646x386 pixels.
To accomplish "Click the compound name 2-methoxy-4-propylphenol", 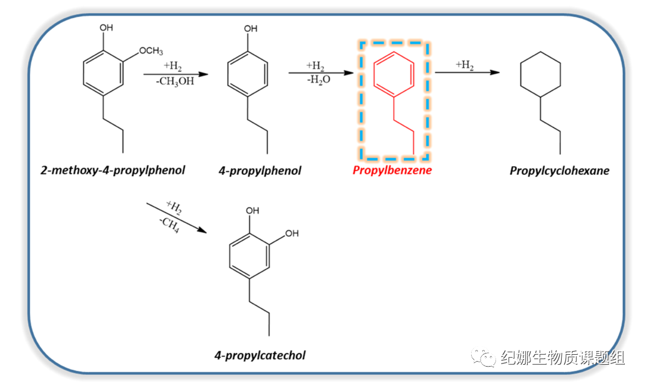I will (x=112, y=169).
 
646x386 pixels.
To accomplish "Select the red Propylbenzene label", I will (x=392, y=170).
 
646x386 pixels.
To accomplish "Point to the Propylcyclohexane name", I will (x=559, y=170).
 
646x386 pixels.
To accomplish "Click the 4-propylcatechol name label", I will (x=260, y=355).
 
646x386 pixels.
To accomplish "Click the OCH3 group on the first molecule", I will (x=150, y=50).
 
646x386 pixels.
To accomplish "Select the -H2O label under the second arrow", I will (x=315, y=79).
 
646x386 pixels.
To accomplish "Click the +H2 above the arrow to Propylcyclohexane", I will (x=464, y=64).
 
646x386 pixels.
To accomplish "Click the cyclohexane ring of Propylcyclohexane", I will (x=540, y=75).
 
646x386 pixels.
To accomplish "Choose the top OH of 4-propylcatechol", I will (x=252, y=212).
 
